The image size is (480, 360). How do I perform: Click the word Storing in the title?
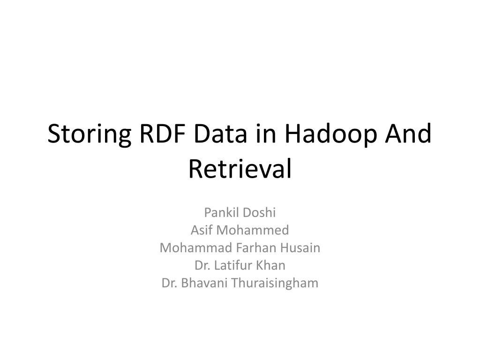coord(90,135)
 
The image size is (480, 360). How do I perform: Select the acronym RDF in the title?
coord(163,134)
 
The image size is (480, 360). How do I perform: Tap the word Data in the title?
coord(220,134)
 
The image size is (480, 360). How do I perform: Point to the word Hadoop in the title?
coord(330,135)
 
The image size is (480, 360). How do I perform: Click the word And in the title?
coord(408,134)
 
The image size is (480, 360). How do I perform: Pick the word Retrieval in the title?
coord(240,169)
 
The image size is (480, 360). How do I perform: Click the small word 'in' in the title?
coord(266,134)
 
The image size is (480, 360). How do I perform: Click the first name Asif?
coord(202,230)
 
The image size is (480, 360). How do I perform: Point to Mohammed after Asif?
coord(253,230)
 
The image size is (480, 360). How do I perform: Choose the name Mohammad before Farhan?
coord(196,247)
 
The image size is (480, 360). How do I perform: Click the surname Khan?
coord(270,265)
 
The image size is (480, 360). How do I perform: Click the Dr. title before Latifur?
coord(202,265)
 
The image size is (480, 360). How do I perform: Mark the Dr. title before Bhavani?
coord(169,283)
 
